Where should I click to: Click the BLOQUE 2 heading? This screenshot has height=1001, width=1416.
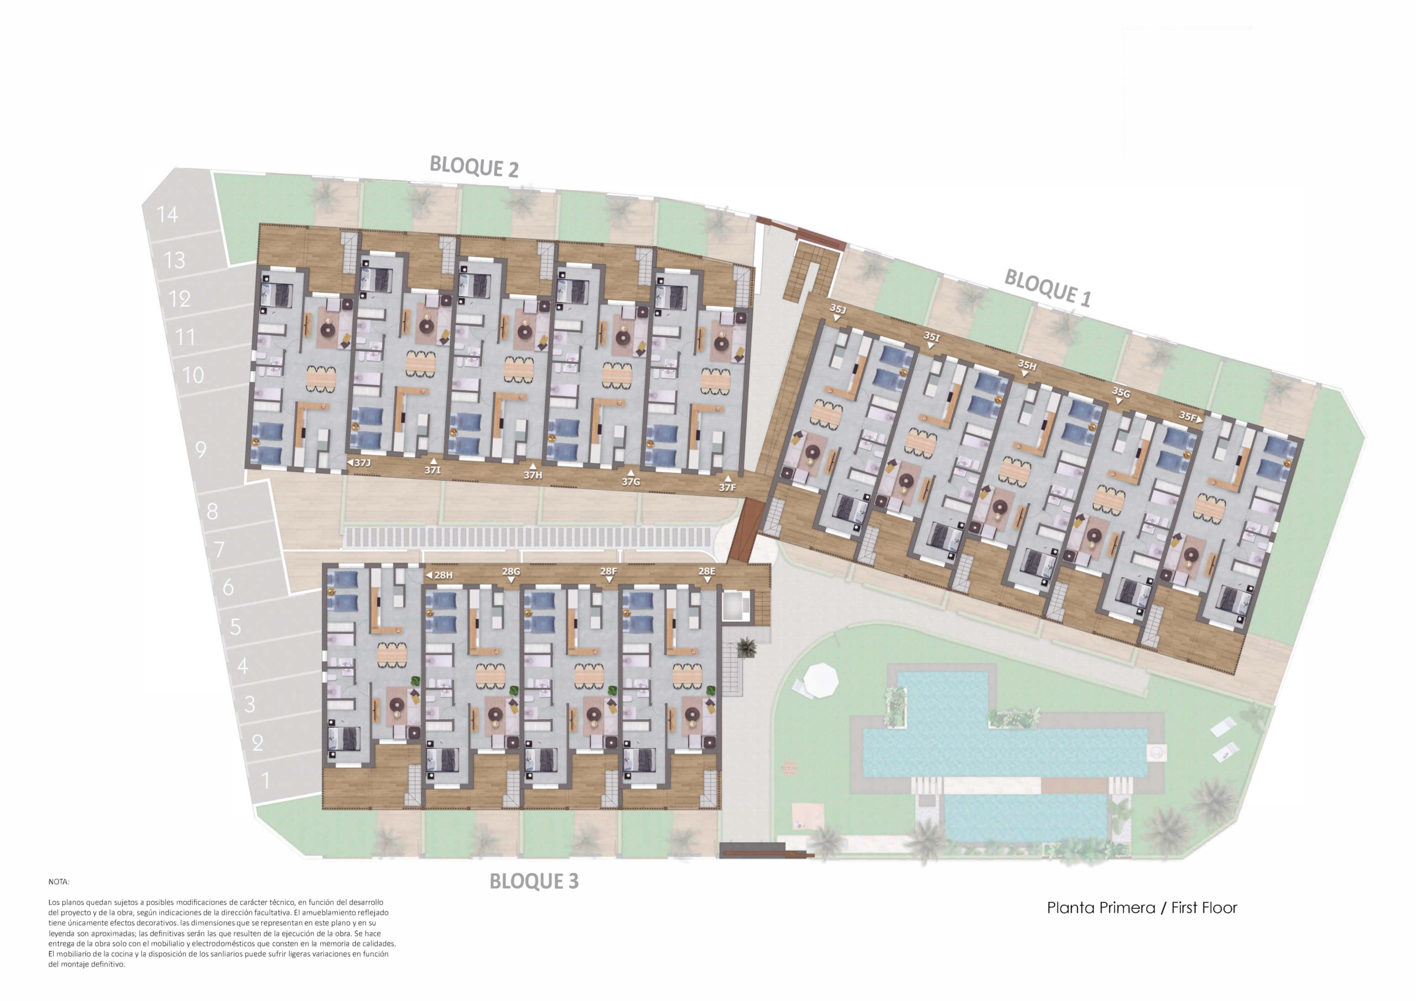(473, 166)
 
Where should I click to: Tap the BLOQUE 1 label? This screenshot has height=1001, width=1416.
(1048, 288)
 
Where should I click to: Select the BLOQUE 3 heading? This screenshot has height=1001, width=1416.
(534, 881)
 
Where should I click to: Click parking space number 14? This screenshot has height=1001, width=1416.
(167, 215)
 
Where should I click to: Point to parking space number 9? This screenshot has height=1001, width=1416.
(201, 450)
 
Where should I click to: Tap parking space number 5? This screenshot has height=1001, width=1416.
(236, 627)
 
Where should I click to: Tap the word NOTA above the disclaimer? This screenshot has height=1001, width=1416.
(59, 882)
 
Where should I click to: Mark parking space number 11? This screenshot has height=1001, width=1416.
(185, 337)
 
